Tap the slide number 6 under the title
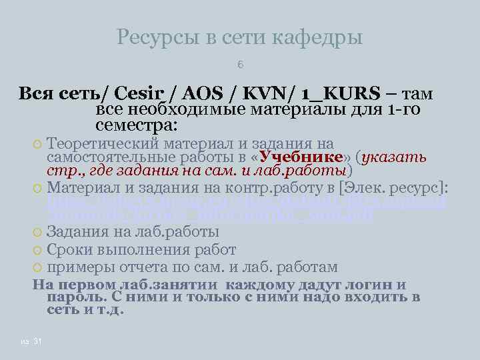pos(240,65)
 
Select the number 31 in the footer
pos(37,342)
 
